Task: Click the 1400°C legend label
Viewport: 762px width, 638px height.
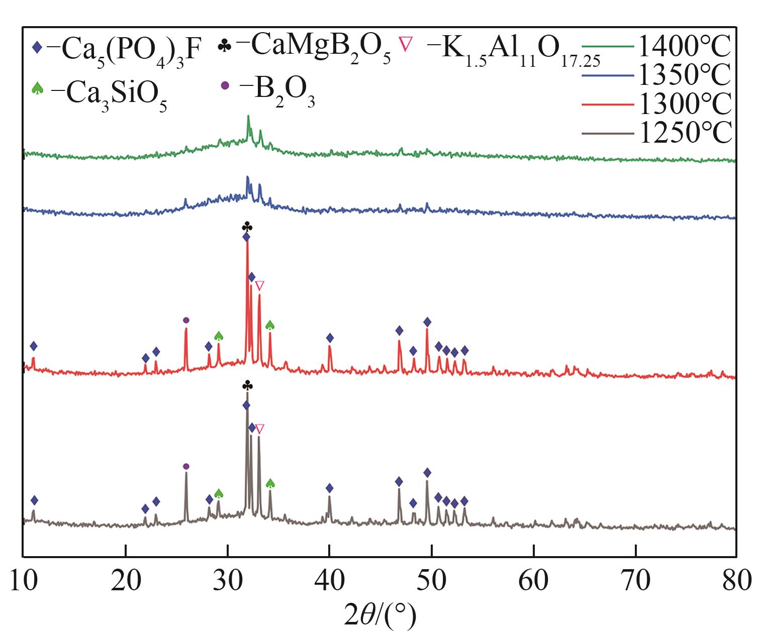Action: click(x=684, y=47)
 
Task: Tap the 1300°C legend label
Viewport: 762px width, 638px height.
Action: click(x=684, y=104)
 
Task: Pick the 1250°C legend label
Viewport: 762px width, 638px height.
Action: click(x=684, y=133)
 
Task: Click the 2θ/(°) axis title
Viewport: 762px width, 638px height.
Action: click(x=380, y=616)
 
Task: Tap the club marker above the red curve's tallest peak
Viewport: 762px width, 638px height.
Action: click(x=247, y=226)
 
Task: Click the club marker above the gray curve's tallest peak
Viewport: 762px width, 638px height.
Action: click(x=247, y=385)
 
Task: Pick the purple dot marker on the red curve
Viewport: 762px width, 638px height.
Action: click(x=186, y=320)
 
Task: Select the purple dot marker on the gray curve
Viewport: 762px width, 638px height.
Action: click(x=186, y=466)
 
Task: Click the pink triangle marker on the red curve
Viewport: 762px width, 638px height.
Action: click(x=259, y=286)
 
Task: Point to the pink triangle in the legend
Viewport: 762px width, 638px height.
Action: click(x=405, y=44)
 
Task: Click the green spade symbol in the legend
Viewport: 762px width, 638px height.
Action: click(x=37, y=89)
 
